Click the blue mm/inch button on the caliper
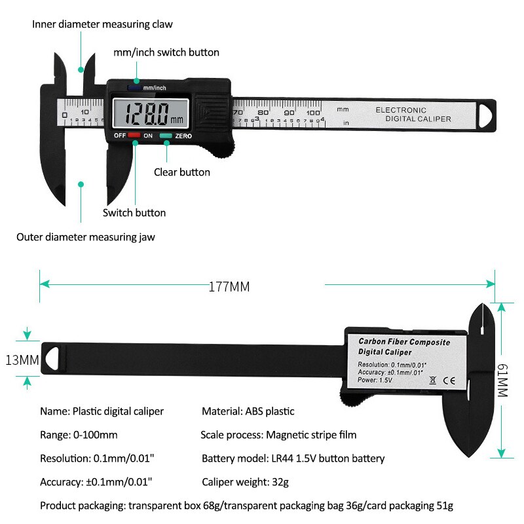pos(135,87)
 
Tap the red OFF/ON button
pos(134,136)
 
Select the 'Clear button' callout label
pos(182,172)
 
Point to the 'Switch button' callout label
pos(134,213)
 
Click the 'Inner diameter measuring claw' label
pos(103,24)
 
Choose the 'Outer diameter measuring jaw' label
pos(86,237)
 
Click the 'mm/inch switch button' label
pos(166,52)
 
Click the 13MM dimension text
pos(22,360)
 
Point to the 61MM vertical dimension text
pos(502,381)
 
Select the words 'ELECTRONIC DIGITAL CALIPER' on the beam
pos(413,115)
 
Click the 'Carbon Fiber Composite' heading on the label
pos(404,343)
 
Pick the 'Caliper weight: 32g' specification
pos(244,482)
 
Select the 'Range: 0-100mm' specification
pos(79,435)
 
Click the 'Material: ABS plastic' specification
pos(248,411)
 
